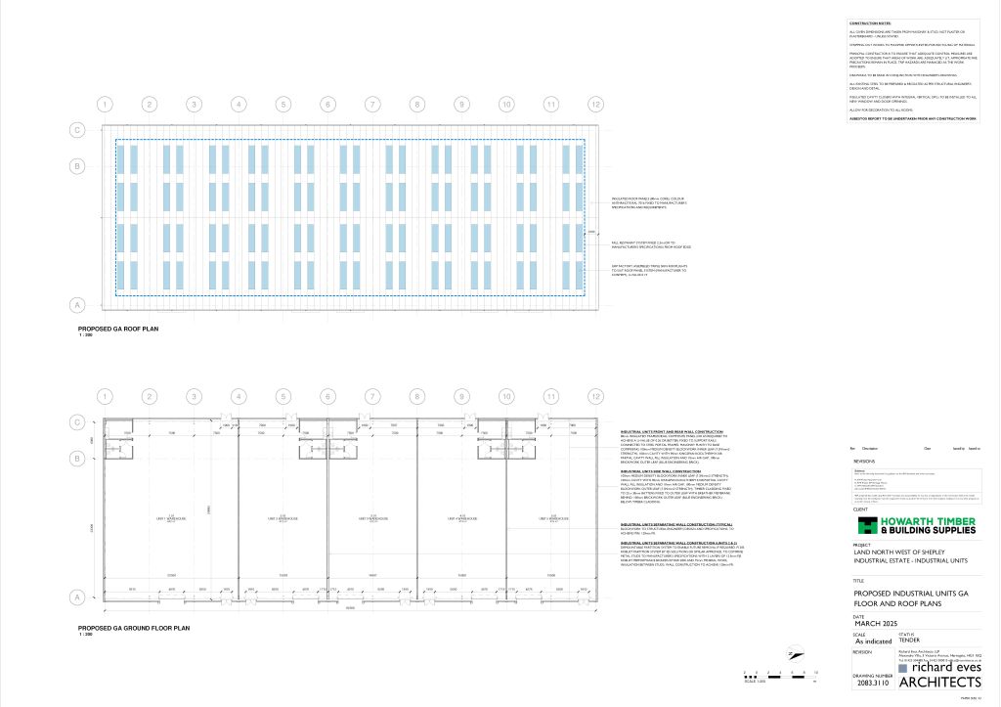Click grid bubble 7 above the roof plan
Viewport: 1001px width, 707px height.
click(372, 104)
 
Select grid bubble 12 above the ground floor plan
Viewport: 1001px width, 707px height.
click(595, 396)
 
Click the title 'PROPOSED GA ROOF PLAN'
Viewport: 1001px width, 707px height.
click(117, 330)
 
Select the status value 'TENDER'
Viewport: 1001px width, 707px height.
click(910, 641)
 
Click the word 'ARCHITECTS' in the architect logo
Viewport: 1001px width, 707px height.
click(938, 683)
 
